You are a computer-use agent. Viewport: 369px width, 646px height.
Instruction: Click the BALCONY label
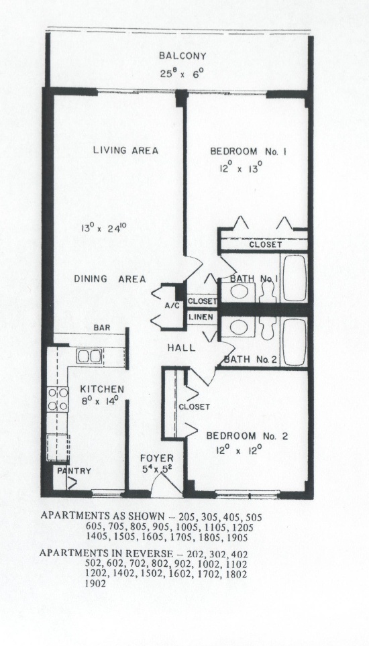[x=182, y=56]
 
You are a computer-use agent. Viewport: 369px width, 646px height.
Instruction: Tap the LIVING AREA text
[x=125, y=150]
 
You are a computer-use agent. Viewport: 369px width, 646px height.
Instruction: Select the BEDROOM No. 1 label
[x=248, y=151]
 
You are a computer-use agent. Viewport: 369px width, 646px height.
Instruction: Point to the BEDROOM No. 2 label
[x=247, y=436]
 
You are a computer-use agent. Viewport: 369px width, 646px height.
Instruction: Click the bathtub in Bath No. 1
[x=295, y=278]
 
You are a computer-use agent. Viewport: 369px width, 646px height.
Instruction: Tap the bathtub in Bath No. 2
[x=295, y=342]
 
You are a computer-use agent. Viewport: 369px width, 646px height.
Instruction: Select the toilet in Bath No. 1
[x=268, y=292]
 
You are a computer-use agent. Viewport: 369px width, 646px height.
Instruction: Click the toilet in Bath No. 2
[x=268, y=328]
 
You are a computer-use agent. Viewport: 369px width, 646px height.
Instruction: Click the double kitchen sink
[x=90, y=356]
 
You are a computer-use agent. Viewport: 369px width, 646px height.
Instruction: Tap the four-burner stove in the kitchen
[x=58, y=399]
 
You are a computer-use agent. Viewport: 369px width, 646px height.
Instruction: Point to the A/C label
[x=170, y=306]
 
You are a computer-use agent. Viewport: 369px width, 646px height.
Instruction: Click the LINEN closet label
[x=201, y=317]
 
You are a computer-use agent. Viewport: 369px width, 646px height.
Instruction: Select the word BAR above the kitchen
[x=102, y=328]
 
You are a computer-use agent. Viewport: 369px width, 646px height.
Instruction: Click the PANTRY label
[x=74, y=471]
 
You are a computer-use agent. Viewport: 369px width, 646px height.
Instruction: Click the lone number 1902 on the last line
[x=95, y=584]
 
